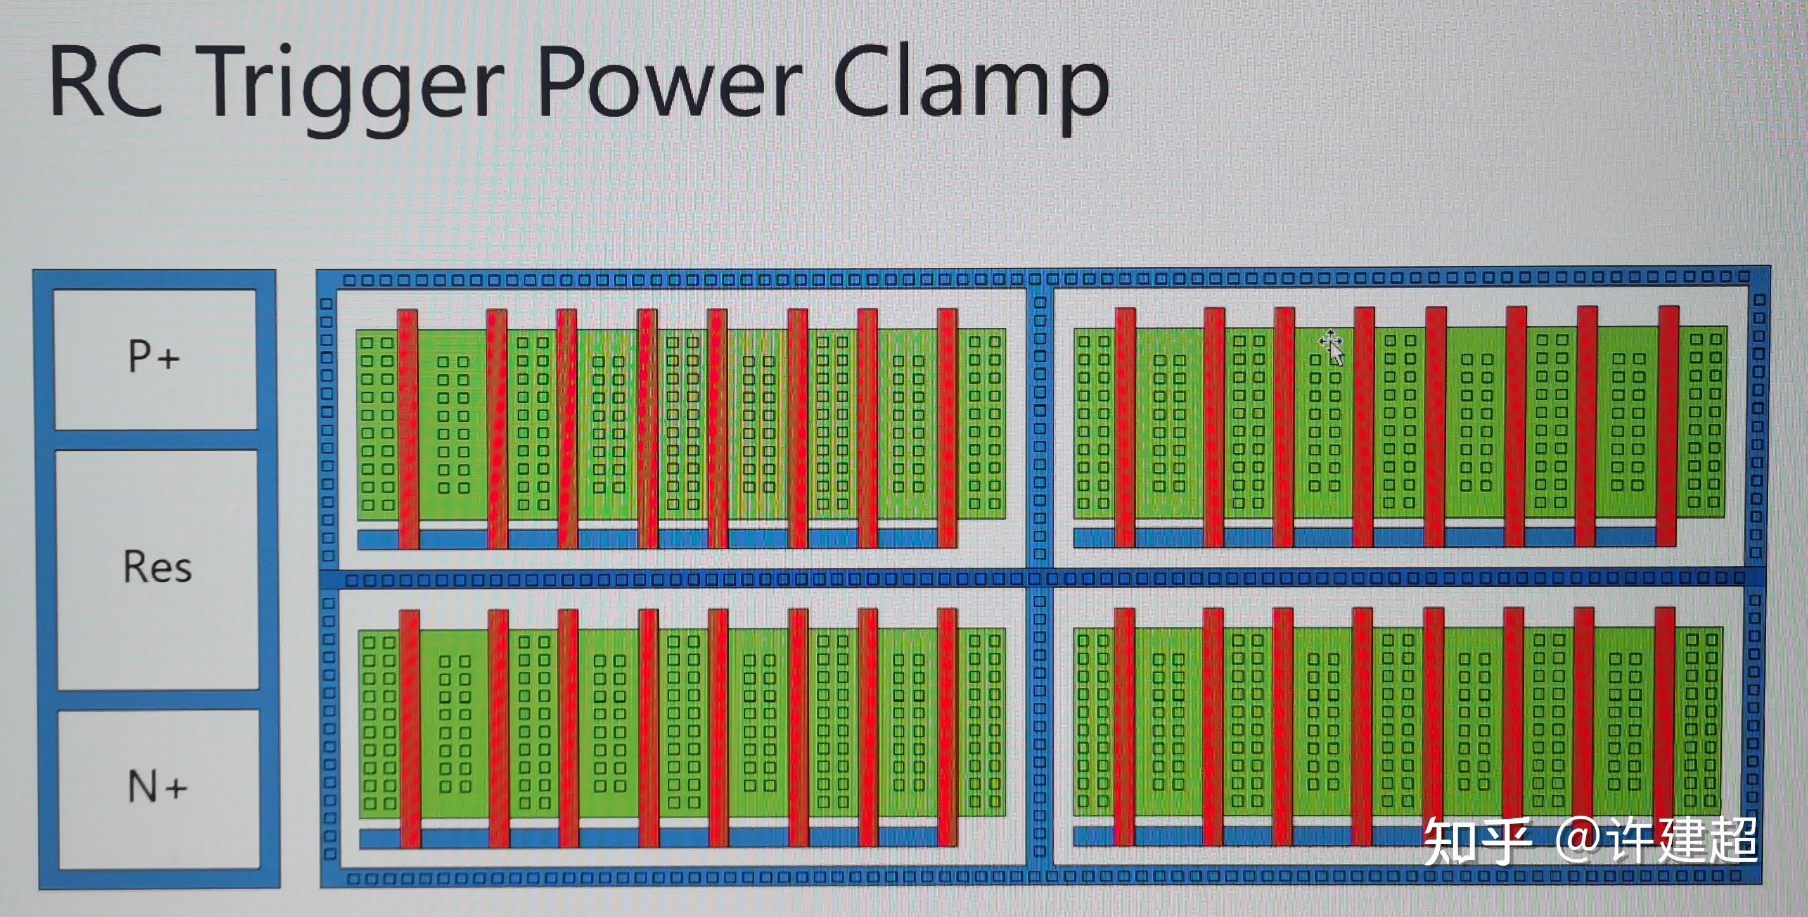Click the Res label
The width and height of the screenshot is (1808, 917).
(157, 567)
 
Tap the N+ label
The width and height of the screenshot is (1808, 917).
(157, 786)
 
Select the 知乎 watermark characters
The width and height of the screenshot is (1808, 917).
(1477, 841)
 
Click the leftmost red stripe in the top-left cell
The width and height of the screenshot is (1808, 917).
(409, 429)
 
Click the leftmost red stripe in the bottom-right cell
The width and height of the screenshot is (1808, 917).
(1124, 726)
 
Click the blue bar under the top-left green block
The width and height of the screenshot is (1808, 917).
(657, 539)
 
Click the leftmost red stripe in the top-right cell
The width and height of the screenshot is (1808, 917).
(1125, 427)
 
